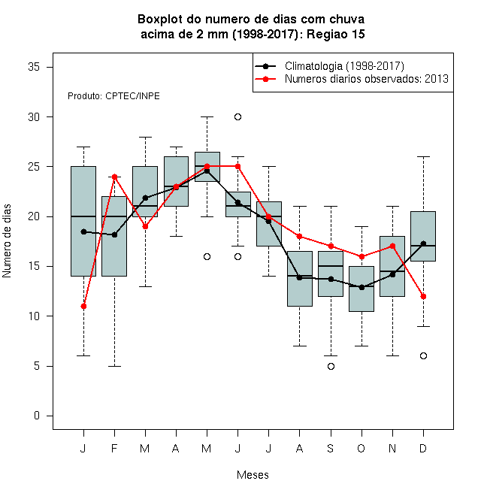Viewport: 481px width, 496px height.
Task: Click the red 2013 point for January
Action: pos(83,306)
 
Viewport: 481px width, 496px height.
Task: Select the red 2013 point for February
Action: pos(114,177)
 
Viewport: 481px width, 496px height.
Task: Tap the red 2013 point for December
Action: pos(423,296)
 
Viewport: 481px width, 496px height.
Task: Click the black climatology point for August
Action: pos(299,278)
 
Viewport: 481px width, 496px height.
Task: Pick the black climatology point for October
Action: pos(362,287)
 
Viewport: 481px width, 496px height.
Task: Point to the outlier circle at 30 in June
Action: pos(238,117)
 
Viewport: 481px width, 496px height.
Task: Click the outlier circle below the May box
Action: pos(207,256)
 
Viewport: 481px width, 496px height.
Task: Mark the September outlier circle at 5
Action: pos(331,366)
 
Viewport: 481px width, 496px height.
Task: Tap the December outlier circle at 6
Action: pos(423,356)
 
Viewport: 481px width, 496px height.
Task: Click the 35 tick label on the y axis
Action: pos(34,67)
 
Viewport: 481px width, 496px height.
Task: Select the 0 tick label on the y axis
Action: pos(37,416)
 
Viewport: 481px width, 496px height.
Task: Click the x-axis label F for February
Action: pos(114,448)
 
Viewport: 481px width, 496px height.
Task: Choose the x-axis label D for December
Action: pos(423,448)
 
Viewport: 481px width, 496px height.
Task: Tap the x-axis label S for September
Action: pos(331,448)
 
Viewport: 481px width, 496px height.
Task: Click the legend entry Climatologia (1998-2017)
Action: pos(344,66)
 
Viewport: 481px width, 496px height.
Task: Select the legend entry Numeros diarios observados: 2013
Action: pos(367,79)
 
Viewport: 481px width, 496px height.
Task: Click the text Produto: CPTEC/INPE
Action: pos(113,96)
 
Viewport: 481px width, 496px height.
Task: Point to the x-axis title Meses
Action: pos(253,475)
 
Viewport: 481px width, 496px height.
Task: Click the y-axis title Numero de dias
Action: pos(7,241)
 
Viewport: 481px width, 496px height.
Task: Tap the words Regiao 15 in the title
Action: pos(336,34)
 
